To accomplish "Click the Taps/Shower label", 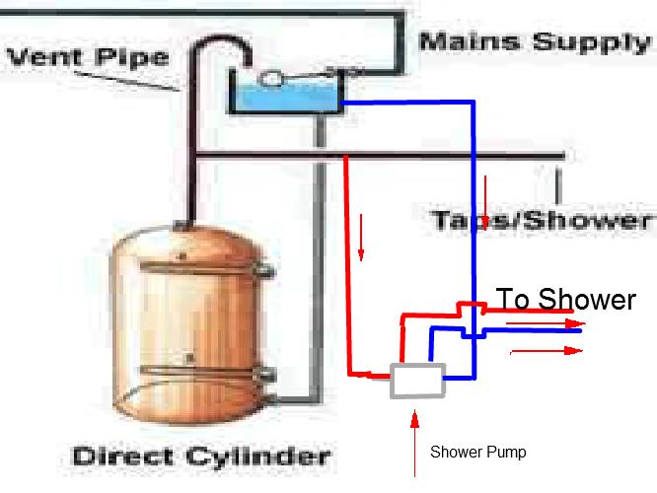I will click(x=541, y=219).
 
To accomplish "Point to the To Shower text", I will click(x=565, y=299).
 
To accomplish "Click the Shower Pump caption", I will click(x=478, y=453).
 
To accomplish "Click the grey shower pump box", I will click(x=417, y=380).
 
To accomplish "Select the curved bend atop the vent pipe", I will click(x=211, y=44).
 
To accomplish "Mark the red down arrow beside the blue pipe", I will click(x=486, y=194).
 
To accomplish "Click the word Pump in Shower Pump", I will click(x=504, y=453).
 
